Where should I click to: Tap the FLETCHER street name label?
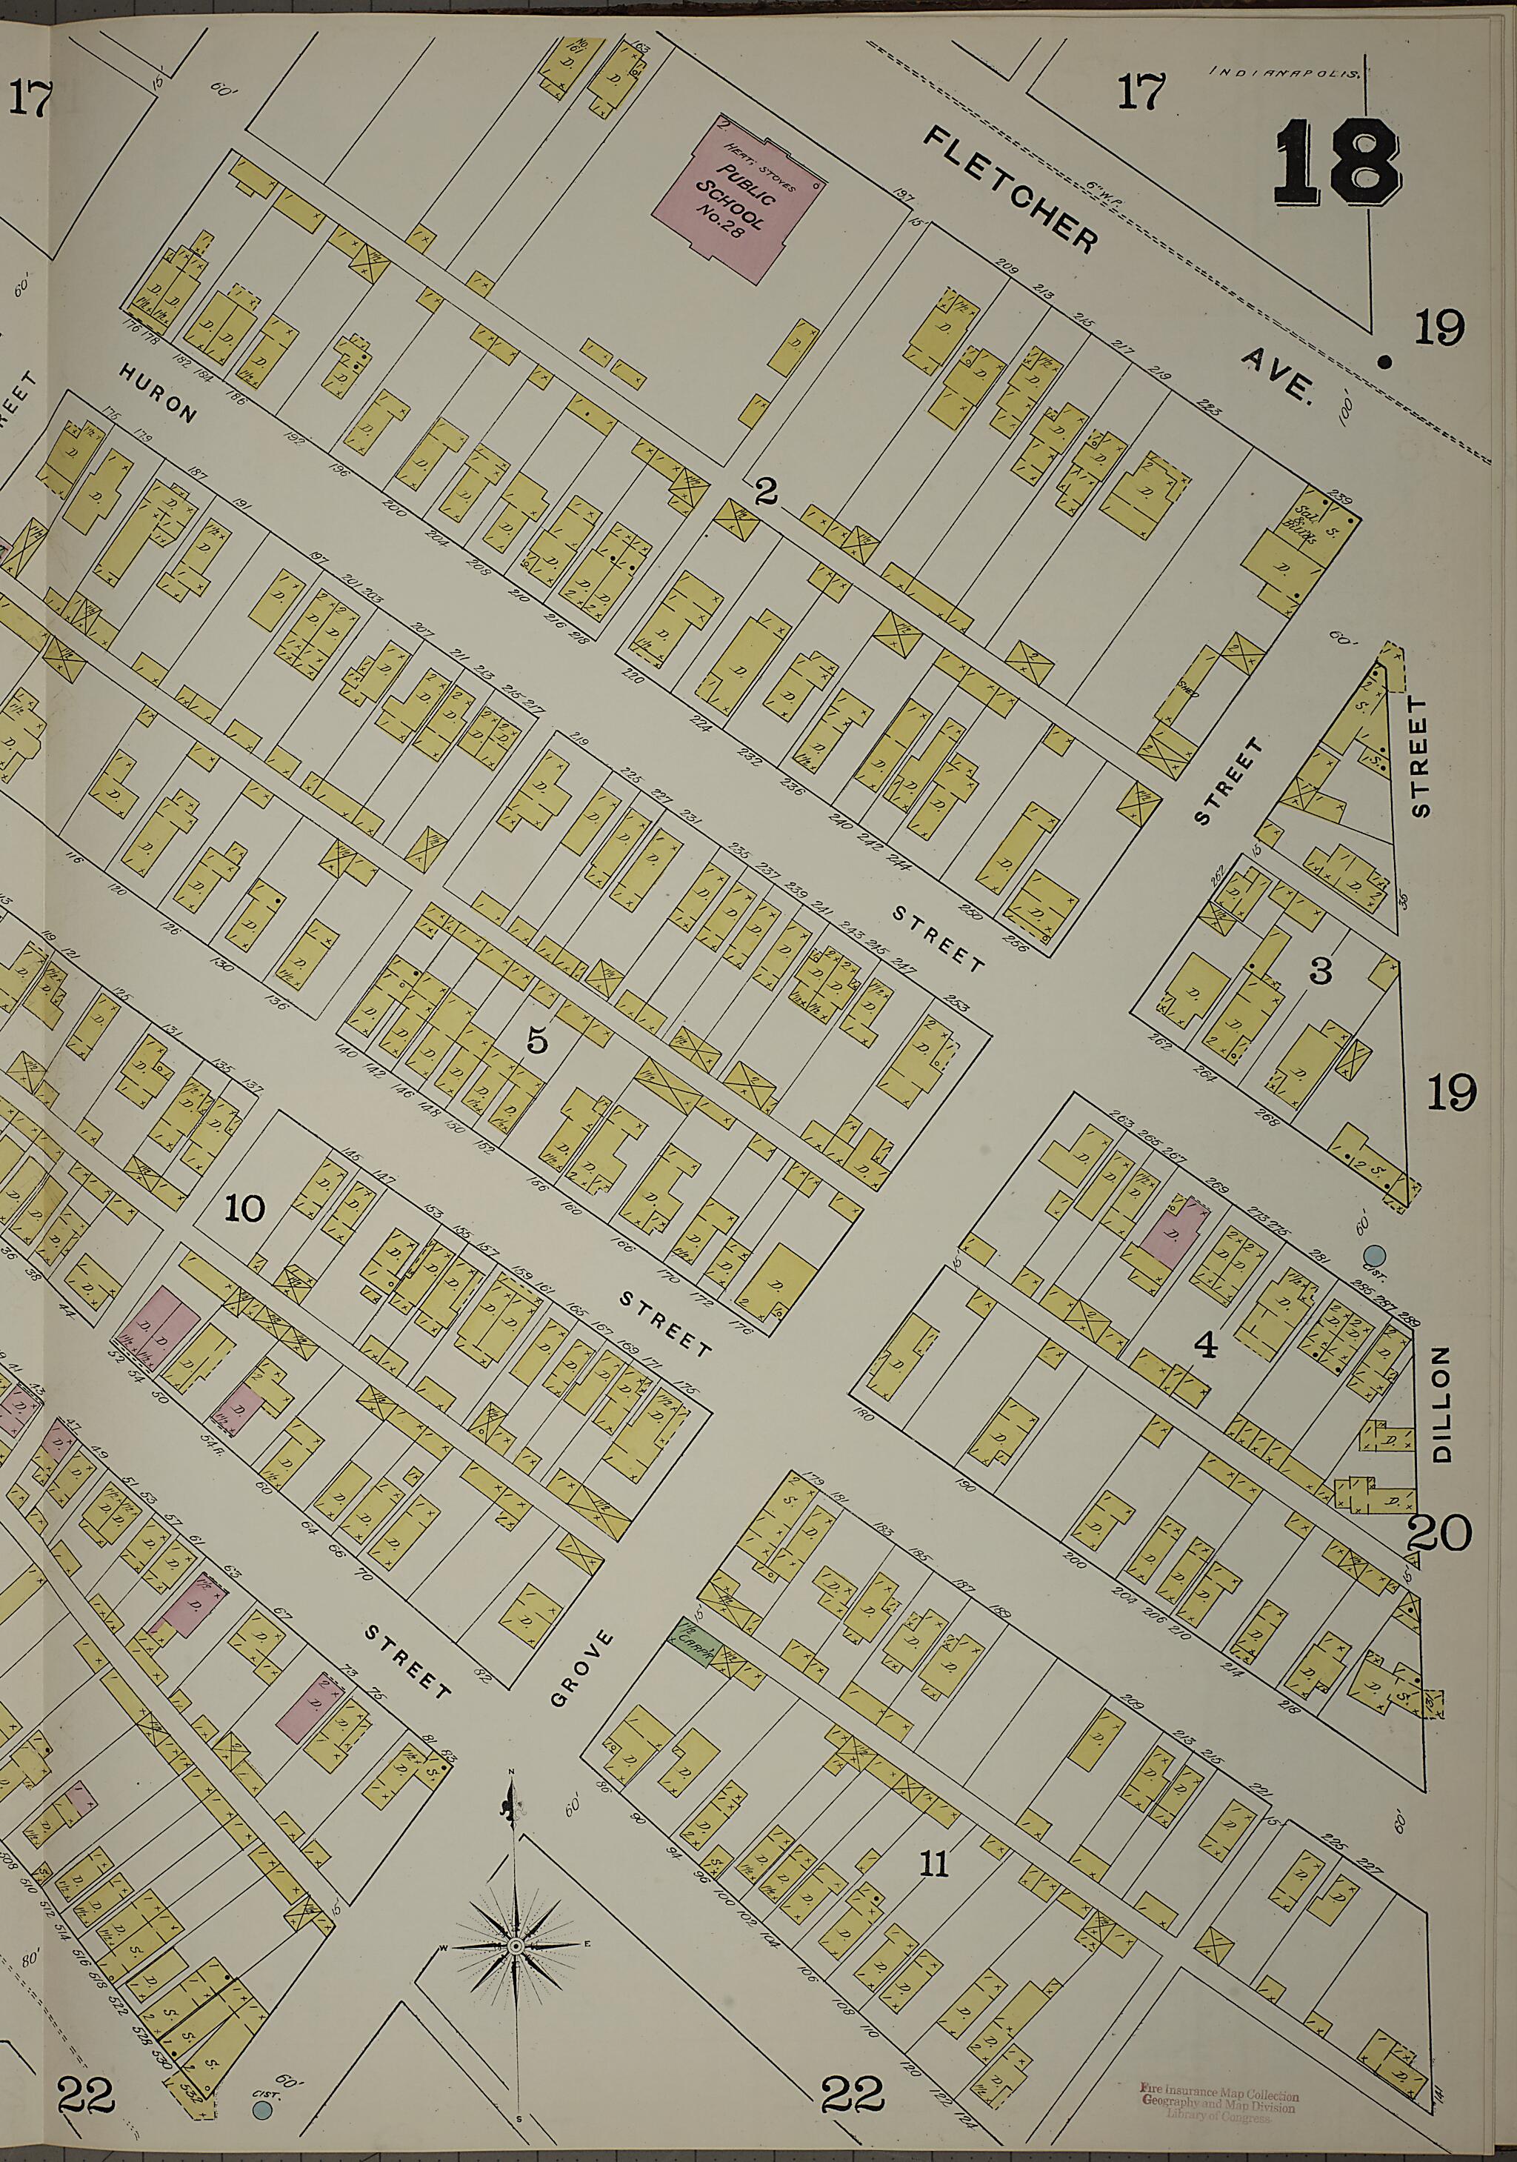1010,189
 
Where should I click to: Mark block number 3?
1321,972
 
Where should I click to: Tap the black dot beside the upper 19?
1384,359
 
